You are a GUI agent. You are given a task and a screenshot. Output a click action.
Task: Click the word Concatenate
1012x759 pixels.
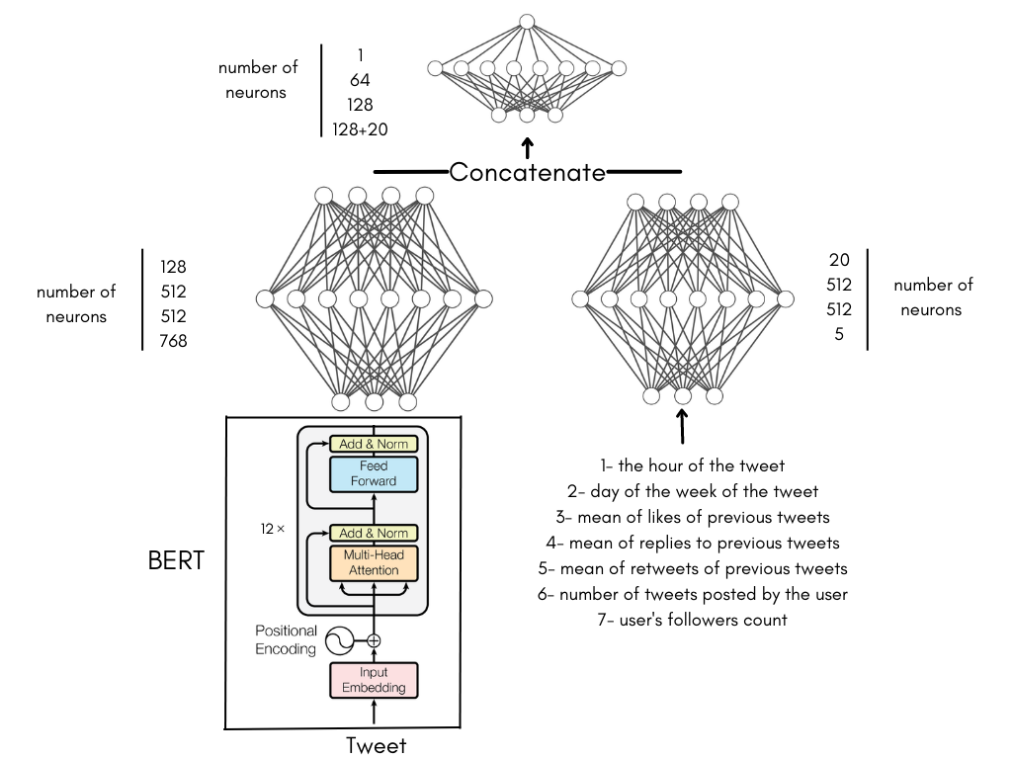[x=527, y=172]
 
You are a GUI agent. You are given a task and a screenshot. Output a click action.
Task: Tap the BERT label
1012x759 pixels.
[x=176, y=560]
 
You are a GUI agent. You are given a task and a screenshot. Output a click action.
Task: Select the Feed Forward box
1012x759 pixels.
[x=374, y=473]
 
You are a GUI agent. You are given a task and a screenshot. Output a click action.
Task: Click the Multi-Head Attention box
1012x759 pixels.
[x=374, y=562]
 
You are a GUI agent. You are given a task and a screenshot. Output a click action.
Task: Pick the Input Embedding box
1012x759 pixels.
[x=374, y=680]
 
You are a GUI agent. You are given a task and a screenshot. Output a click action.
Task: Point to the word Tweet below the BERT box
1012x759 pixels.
[x=376, y=745]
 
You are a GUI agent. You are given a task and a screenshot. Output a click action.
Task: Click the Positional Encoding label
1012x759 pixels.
[x=286, y=639]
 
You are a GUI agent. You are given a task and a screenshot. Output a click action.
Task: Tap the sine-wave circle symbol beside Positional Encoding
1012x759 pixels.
[x=339, y=640]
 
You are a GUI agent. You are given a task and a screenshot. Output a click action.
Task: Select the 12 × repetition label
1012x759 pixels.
[x=273, y=529]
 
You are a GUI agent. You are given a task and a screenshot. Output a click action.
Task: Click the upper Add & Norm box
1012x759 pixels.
[x=374, y=444]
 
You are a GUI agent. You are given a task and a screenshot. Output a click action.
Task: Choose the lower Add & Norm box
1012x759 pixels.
[x=374, y=533]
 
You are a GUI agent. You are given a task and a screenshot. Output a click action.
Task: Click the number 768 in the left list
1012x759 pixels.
[x=173, y=341]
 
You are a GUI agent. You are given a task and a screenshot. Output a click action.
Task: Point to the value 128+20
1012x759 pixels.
[x=375, y=128]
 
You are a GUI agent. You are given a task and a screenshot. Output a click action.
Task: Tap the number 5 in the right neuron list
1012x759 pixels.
[x=839, y=334]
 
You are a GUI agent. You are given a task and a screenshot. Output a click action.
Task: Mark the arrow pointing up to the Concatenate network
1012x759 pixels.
[x=527, y=148]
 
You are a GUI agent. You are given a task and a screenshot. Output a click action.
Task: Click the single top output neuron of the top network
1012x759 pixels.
[x=527, y=22]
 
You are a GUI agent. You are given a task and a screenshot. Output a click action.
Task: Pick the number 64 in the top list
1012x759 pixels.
[x=361, y=79]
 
